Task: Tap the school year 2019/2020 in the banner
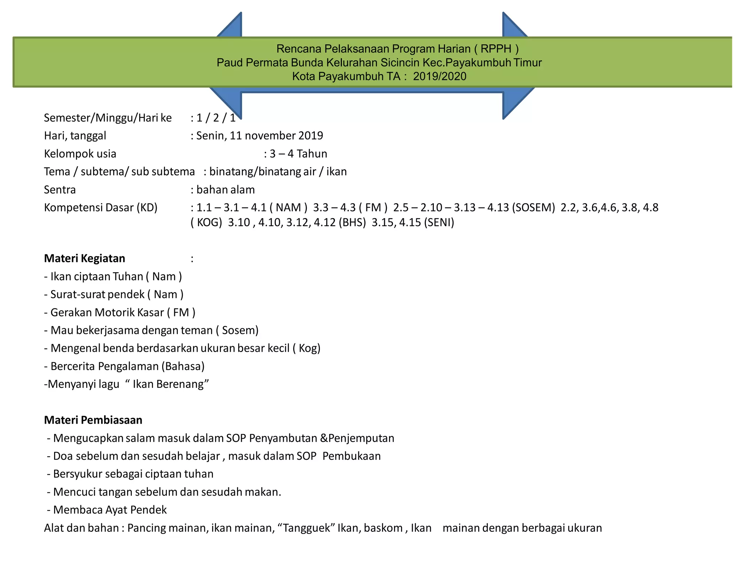click(439, 76)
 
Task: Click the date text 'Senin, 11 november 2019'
click(259, 136)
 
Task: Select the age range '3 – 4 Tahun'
click(298, 154)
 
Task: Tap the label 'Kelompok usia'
click(80, 154)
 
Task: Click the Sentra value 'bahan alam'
click(225, 190)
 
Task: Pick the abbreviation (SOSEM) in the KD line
click(533, 208)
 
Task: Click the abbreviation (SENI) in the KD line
click(439, 222)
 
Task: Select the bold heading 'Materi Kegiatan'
click(84, 259)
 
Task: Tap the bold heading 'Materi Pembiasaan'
click(93, 420)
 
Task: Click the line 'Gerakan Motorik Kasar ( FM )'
click(120, 313)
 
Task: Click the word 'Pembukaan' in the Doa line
click(351, 456)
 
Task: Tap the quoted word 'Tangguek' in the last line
click(306, 528)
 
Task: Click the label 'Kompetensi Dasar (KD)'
click(100, 208)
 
